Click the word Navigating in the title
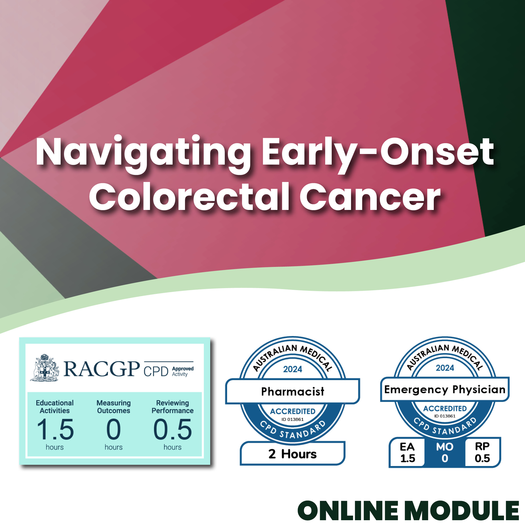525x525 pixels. pos(143,154)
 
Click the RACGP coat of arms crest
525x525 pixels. pos(45,368)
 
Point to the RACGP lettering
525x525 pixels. pos(102,369)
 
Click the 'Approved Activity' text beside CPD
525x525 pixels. pos(183,371)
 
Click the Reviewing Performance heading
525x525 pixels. pos(173,407)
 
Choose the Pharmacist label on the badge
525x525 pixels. pos(293,392)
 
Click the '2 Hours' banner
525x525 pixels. pos(293,454)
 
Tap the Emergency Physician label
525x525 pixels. pos(445,389)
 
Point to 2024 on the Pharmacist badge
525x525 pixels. pos(293,369)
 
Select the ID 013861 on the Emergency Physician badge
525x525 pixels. pos(445,416)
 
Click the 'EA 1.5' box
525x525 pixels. pos(407,452)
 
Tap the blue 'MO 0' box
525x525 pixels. pos(445,452)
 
